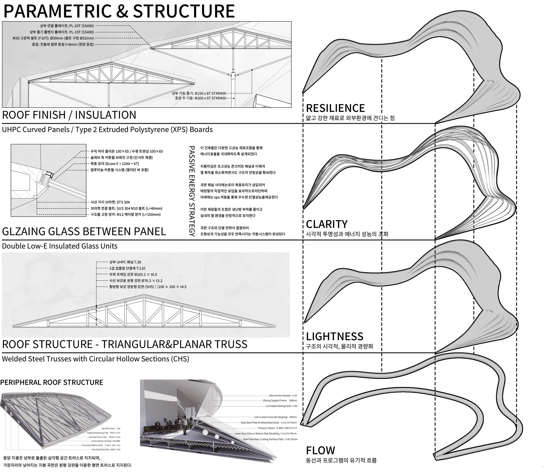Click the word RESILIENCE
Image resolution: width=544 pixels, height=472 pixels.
[x=335, y=108]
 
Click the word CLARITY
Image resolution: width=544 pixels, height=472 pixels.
[x=327, y=224]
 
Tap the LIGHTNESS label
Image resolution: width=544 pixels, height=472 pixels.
[x=335, y=336]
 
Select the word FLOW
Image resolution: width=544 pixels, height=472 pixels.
[x=320, y=450]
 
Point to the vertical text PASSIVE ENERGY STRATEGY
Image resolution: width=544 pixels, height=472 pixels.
[x=192, y=191]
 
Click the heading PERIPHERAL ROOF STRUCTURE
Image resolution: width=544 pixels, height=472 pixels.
[x=52, y=383]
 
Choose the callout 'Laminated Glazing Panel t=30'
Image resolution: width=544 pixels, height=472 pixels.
[x=281, y=406]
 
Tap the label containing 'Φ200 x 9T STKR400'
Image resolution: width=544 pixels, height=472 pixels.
[x=200, y=98]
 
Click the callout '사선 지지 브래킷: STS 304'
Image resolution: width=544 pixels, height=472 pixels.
[x=110, y=202]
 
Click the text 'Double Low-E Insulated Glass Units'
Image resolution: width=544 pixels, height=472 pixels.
[x=60, y=246]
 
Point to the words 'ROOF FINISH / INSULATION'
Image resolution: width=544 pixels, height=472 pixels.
[x=69, y=115]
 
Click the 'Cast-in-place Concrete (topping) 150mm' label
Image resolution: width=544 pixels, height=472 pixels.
[x=275, y=417]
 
